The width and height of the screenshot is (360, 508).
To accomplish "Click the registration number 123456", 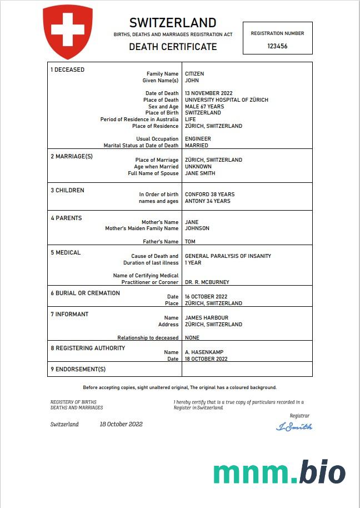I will pyautogui.click(x=277, y=47).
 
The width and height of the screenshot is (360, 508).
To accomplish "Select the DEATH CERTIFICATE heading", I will pyautogui.click(x=173, y=47).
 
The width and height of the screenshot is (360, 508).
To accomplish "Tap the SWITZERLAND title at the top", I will pyautogui.click(x=173, y=23).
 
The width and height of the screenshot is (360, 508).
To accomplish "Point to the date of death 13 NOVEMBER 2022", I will pyautogui.click(x=208, y=93).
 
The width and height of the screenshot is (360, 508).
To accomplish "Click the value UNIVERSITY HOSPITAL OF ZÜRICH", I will pyautogui.click(x=226, y=100).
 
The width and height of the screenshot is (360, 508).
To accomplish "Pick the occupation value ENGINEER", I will pyautogui.click(x=198, y=139).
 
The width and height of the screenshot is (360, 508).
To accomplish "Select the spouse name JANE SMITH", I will pyautogui.click(x=200, y=173).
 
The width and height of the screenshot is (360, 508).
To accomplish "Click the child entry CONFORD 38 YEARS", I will pyautogui.click(x=209, y=195).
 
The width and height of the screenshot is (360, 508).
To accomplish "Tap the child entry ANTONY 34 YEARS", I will pyautogui.click(x=207, y=201).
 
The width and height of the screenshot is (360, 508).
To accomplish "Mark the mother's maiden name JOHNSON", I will pyautogui.click(x=197, y=228).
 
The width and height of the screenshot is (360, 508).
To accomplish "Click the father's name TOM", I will pyautogui.click(x=190, y=242).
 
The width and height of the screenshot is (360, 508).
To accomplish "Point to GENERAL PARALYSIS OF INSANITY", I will pyautogui.click(x=228, y=256).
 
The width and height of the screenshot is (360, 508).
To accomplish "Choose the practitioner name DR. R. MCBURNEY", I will pyautogui.click(x=207, y=282).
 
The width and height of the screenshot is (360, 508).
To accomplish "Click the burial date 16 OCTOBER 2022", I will pyautogui.click(x=206, y=297).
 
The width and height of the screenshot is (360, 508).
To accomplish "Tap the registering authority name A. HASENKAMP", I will pyautogui.click(x=204, y=352).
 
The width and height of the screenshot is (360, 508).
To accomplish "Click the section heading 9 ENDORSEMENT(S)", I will pyautogui.click(x=78, y=369).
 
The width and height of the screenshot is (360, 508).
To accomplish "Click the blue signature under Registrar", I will pyautogui.click(x=294, y=427).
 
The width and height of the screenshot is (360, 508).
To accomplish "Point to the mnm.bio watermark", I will pyautogui.click(x=279, y=472).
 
